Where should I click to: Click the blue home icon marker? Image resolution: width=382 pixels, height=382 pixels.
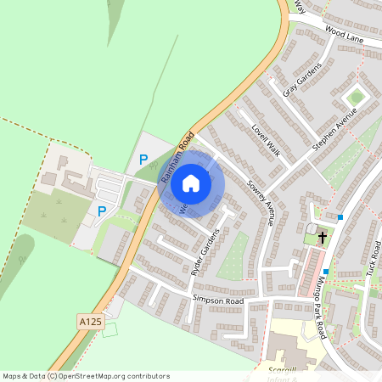[x=191, y=183]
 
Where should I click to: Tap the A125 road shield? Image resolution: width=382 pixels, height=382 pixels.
[x=88, y=322]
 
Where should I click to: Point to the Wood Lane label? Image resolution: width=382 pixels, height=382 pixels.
[x=344, y=35]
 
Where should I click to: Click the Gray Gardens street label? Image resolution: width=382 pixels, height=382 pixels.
[x=302, y=80]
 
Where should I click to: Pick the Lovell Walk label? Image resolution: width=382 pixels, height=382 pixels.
[x=265, y=136]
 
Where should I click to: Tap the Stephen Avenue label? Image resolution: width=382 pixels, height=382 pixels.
[x=335, y=128]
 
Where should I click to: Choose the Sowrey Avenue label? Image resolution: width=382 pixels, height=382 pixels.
[x=261, y=201]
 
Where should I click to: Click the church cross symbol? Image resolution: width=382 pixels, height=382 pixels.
[x=323, y=239]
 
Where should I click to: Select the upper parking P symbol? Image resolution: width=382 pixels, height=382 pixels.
[x=143, y=159]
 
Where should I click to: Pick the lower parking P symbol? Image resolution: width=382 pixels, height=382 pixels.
[x=102, y=211]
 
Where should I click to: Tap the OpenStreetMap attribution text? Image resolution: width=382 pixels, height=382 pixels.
[x=86, y=375]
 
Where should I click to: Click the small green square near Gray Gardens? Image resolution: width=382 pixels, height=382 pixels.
[x=356, y=97]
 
